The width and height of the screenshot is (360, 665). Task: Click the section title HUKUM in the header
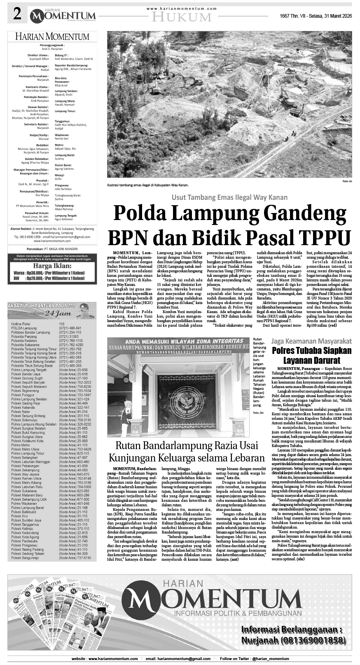(181, 17)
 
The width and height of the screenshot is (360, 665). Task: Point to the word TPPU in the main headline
(323, 238)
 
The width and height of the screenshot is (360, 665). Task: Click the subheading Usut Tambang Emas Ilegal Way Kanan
(229, 197)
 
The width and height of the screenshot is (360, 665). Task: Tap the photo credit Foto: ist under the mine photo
(347, 181)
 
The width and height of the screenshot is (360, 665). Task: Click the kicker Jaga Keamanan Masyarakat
(311, 341)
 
